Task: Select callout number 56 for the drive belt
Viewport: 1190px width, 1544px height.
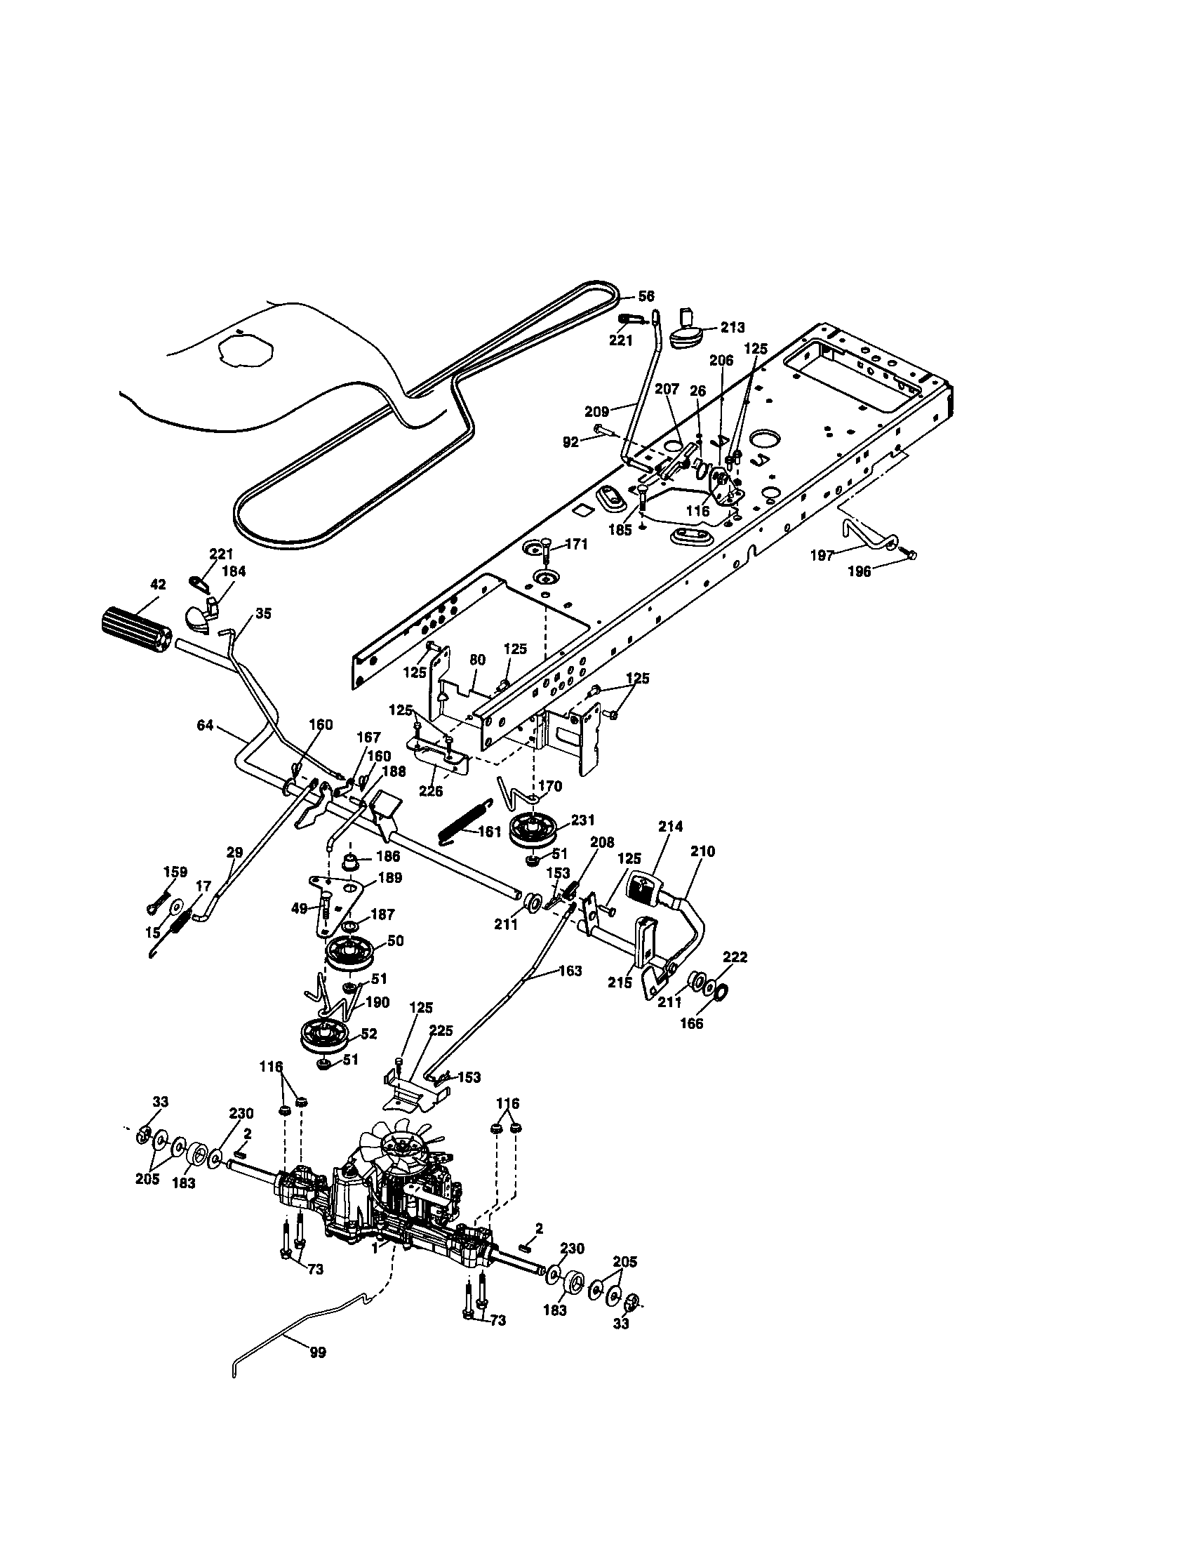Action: (x=646, y=296)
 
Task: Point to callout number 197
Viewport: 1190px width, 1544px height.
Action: (x=822, y=556)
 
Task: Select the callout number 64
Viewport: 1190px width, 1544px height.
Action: (x=205, y=725)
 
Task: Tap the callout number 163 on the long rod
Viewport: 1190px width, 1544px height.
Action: (x=570, y=971)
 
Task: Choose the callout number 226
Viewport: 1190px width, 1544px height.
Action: (x=430, y=791)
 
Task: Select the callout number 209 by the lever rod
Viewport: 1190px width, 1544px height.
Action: (x=597, y=411)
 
